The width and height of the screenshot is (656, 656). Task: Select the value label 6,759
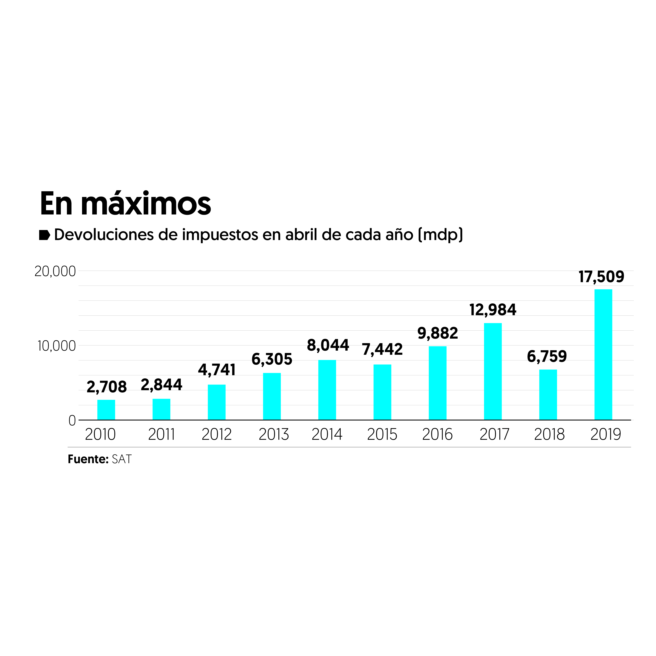click(547, 356)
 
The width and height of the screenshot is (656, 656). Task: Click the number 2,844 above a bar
click(161, 385)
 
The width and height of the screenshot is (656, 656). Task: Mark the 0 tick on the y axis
click(72, 421)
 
